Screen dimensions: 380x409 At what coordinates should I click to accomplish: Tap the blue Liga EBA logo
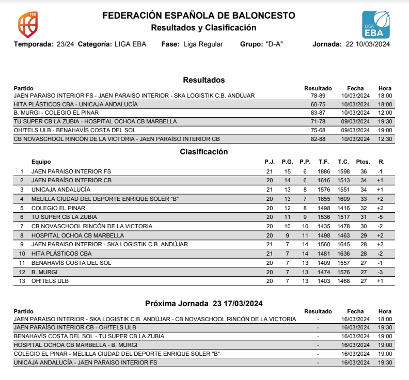(376, 25)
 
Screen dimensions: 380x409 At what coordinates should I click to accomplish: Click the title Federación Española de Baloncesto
(199, 15)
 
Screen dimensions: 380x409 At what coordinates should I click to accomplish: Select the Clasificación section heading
(204, 151)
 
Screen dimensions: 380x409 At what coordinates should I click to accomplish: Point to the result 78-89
(318, 96)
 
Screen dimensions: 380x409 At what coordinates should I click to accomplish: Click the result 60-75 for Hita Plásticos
(318, 104)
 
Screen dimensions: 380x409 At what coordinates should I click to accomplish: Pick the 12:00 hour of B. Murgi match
(385, 113)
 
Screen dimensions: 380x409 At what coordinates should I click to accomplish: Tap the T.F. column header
(324, 162)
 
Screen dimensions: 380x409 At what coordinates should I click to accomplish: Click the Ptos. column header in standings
(363, 162)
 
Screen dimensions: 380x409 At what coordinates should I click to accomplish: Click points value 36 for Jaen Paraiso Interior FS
(364, 171)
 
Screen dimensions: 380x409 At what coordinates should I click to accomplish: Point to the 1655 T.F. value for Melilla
(324, 199)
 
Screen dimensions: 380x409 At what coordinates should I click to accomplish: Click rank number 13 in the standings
(22, 281)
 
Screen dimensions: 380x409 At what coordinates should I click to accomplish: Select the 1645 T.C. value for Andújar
(343, 244)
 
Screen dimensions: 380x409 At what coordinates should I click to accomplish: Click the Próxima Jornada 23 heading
(204, 303)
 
